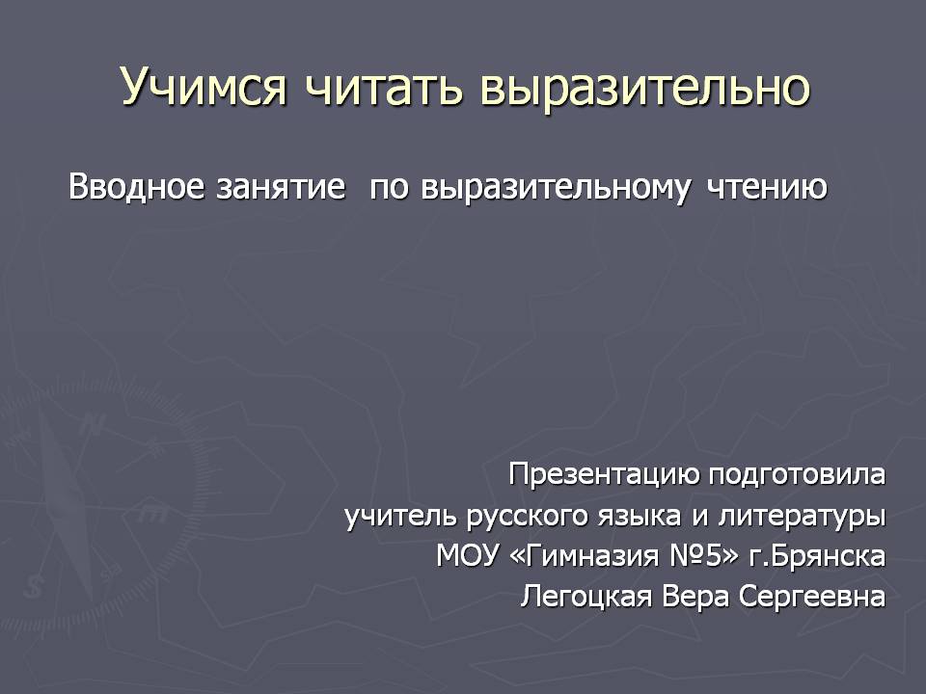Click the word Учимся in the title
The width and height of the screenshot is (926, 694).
coord(204,87)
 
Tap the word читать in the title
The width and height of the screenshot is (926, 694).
coord(384,88)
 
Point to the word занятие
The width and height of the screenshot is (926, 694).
coord(281,188)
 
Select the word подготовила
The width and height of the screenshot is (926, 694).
coord(797,474)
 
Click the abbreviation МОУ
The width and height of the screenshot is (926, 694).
coord(467,556)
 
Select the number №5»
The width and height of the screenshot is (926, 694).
coord(703,556)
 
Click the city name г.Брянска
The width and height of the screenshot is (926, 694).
coord(817,556)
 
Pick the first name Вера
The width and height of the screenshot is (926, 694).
coord(695,597)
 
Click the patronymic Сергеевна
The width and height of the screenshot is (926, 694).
coord(812,597)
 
